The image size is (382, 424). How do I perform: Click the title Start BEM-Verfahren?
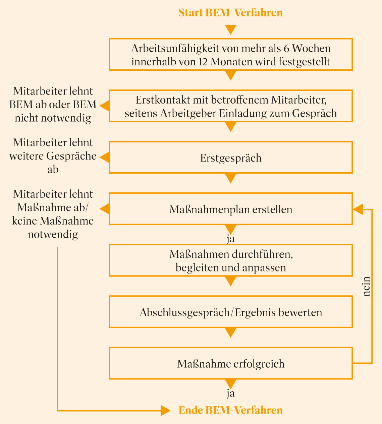[230, 13]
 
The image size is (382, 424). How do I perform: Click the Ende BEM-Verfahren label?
[230, 410]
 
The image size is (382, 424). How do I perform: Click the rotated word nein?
[367, 286]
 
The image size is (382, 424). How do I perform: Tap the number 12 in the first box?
[203, 62]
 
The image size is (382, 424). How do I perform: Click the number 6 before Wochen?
[286, 48]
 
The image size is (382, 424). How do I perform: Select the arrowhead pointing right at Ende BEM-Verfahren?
[165, 411]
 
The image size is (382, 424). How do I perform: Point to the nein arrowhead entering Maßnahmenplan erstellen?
[358, 209]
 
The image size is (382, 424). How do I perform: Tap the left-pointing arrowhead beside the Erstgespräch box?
[105, 158]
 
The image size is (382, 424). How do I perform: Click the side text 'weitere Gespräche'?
[53, 156]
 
